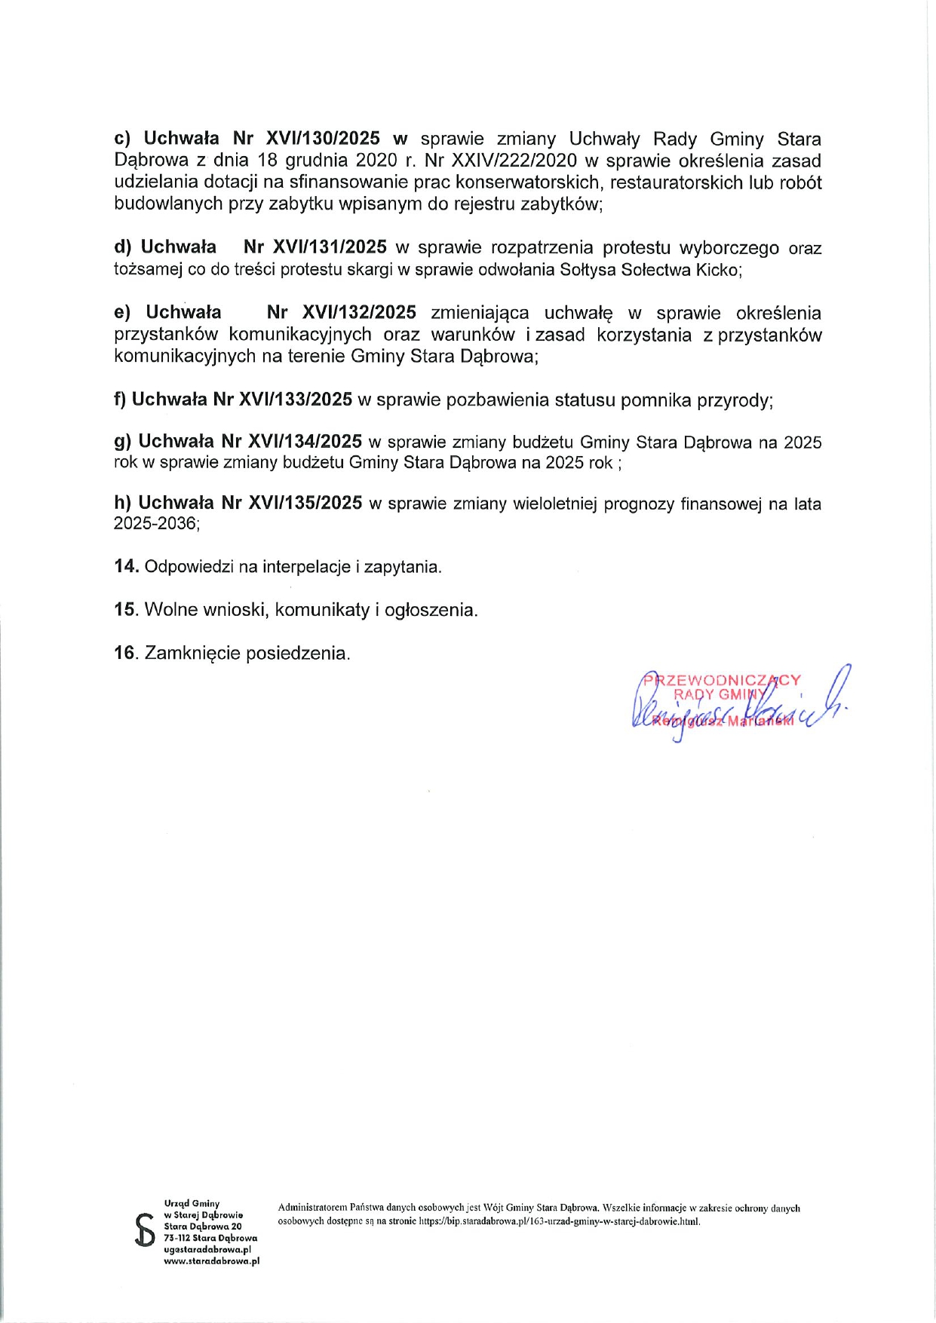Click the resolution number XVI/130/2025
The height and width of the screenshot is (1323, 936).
pyautogui.click(x=323, y=139)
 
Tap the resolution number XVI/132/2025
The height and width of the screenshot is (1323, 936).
pyautogui.click(x=359, y=312)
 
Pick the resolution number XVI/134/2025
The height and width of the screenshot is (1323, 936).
pyautogui.click(x=305, y=442)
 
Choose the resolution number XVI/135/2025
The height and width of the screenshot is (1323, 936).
pyautogui.click(x=305, y=503)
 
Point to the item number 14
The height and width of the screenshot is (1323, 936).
pyautogui.click(x=125, y=566)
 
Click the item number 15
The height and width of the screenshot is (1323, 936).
pyautogui.click(x=125, y=609)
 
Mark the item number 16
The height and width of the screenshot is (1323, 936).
pyautogui.click(x=125, y=653)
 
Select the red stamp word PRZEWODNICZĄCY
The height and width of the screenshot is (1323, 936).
pyautogui.click(x=722, y=680)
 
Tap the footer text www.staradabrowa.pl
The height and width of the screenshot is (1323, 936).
pyautogui.click(x=211, y=1260)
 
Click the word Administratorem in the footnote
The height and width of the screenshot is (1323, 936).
pyautogui.click(x=312, y=1208)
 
